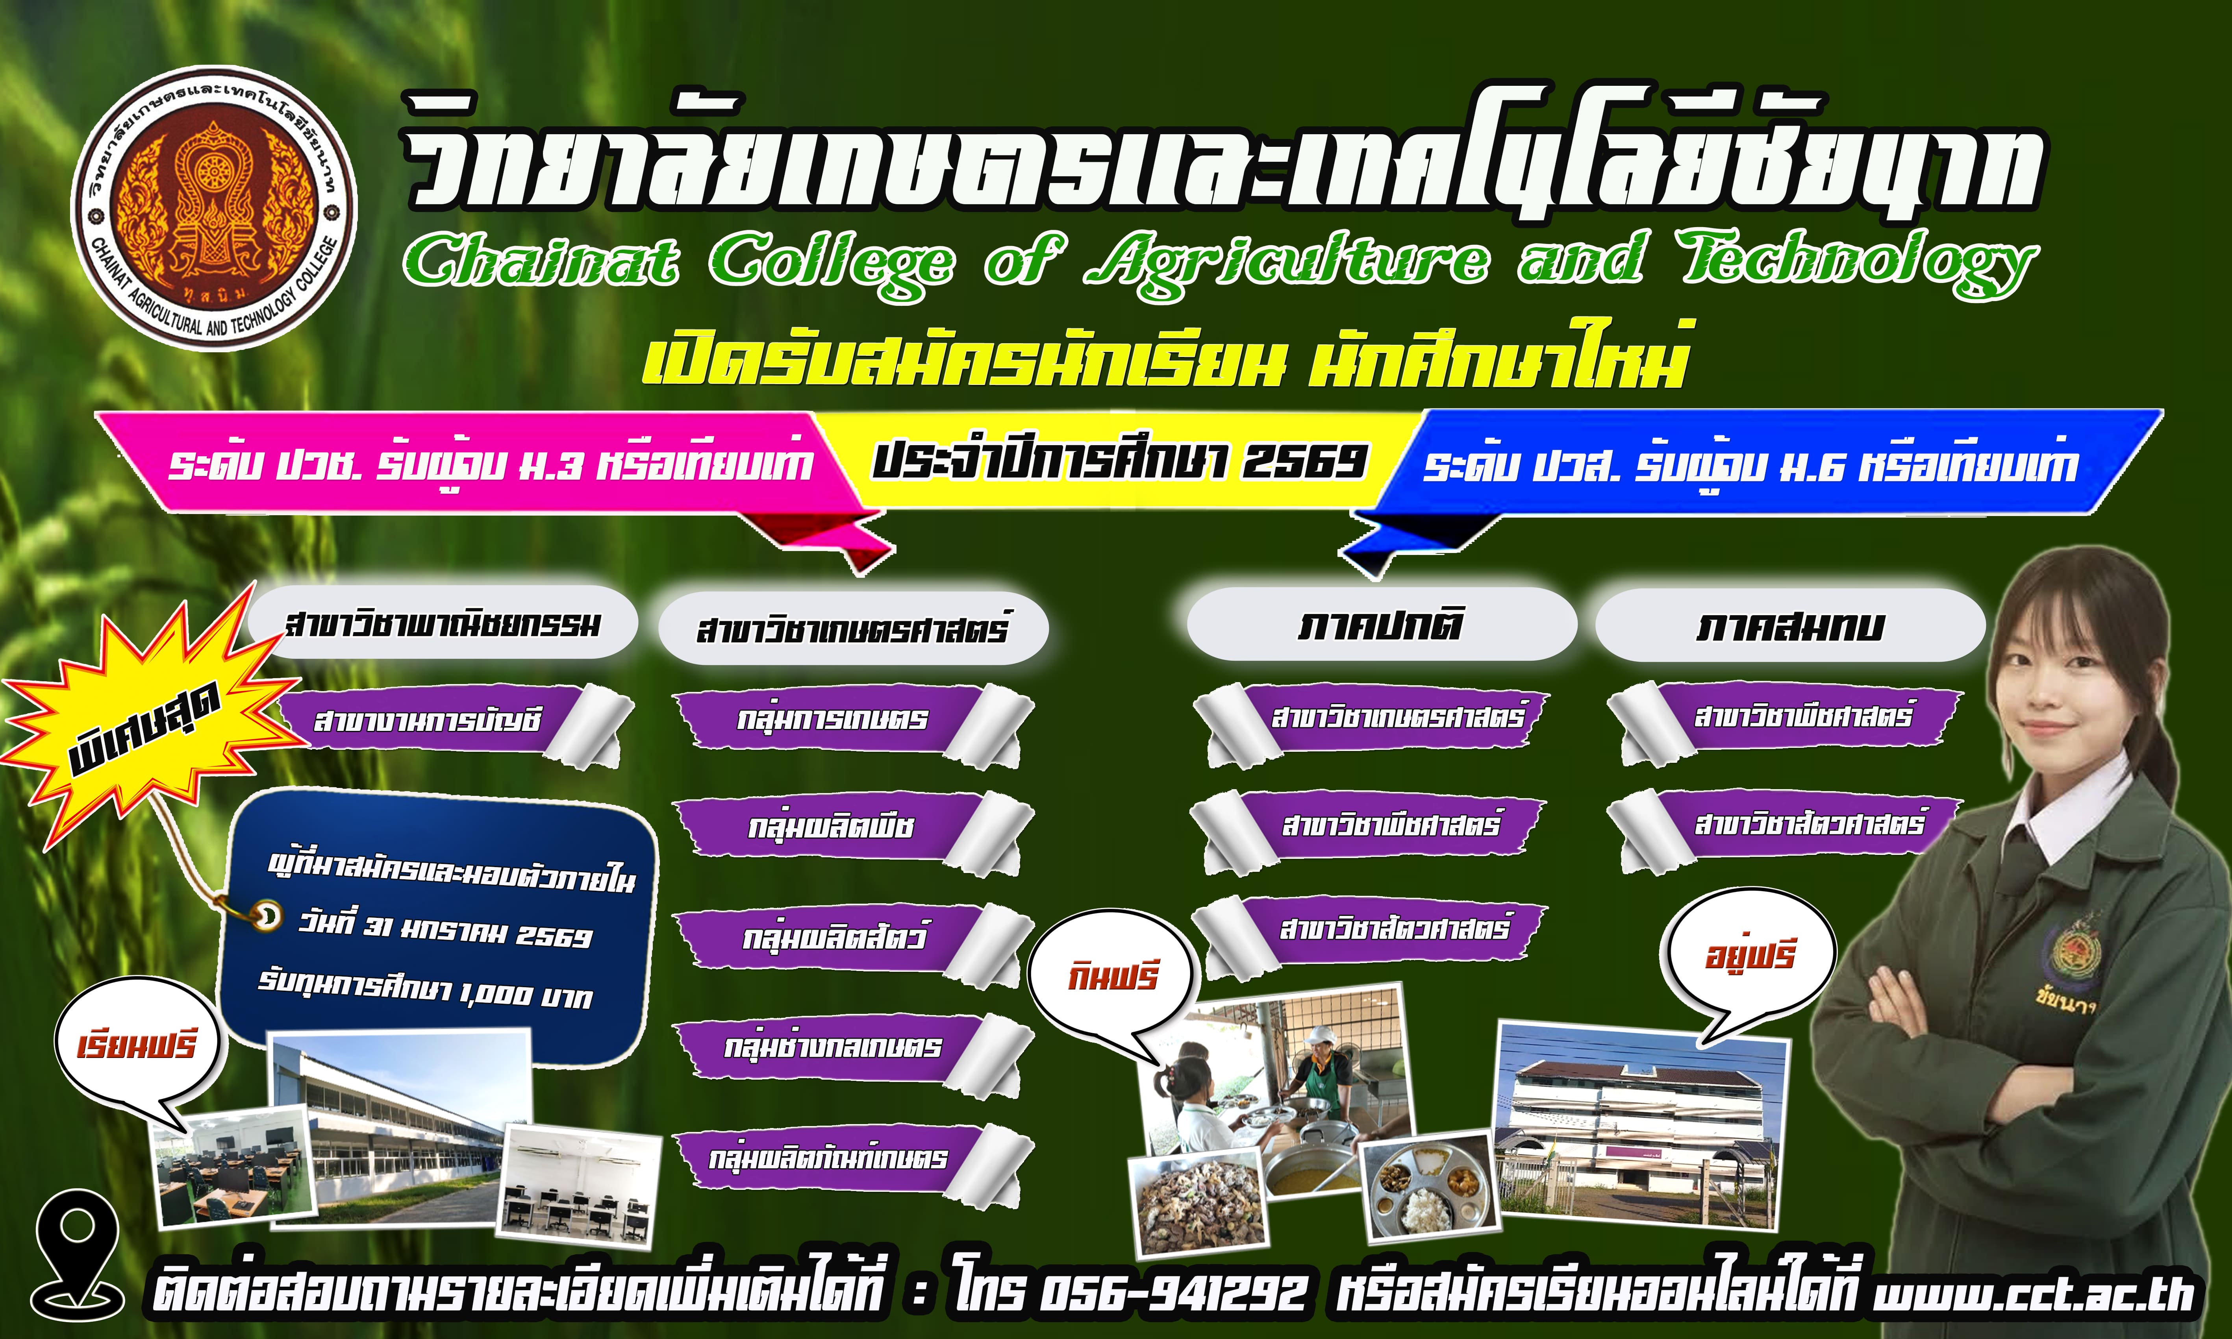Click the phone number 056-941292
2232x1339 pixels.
click(1173, 1292)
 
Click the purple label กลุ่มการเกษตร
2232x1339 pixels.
click(832, 719)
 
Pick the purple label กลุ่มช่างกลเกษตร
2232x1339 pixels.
click(832, 1047)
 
